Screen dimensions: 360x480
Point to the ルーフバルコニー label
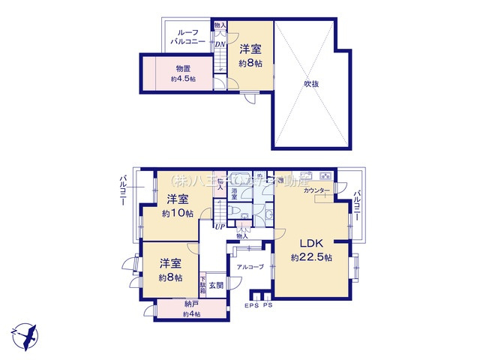pyautogui.click(x=186, y=37)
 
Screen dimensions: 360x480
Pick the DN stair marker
pyautogui.click(x=220, y=43)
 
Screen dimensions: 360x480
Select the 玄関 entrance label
pyautogui.click(x=216, y=284)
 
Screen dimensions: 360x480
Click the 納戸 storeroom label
pyautogui.click(x=191, y=304)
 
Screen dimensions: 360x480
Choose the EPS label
pyautogui.click(x=250, y=306)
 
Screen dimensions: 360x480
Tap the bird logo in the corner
pyautogui.click(x=24, y=334)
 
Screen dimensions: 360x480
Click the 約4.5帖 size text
pyautogui.click(x=182, y=79)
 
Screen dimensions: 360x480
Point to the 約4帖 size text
pyautogui.click(x=191, y=313)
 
